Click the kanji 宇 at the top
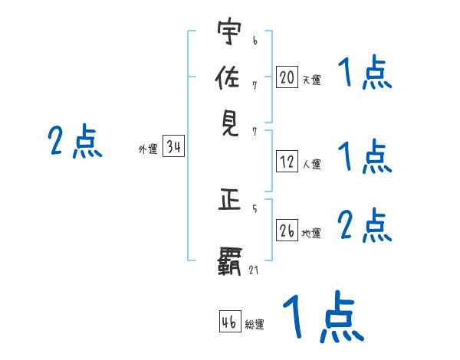tap(229, 34)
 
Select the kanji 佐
tap(229, 79)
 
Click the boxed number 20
tap(287, 77)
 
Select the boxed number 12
tap(287, 162)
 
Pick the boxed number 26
tap(287, 230)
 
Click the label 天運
tap(311, 79)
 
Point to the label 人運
tap(312, 164)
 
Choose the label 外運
tap(147, 150)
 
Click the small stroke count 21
tap(254, 270)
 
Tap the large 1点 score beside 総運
tap(322, 318)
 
